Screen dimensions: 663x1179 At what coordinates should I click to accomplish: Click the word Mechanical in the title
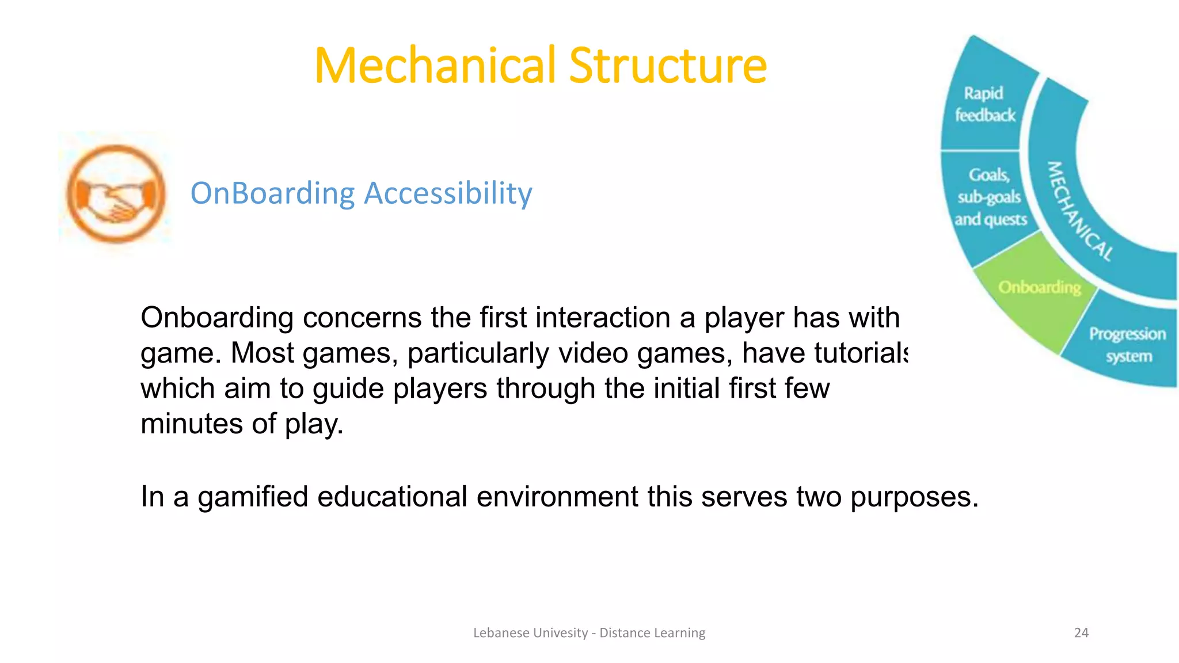(x=436, y=66)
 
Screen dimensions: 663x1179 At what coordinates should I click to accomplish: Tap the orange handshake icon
(x=116, y=193)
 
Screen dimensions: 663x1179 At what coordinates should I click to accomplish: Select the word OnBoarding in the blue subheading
(x=273, y=193)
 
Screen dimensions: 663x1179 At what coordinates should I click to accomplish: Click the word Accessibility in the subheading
(x=448, y=193)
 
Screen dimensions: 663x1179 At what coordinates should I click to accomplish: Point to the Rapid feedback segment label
(x=984, y=104)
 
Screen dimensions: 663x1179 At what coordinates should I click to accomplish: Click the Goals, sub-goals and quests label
(x=990, y=197)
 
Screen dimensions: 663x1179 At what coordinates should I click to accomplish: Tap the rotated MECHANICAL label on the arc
(x=1078, y=212)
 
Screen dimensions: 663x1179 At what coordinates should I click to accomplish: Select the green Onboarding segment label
(x=1039, y=287)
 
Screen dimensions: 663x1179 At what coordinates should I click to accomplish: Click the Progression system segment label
(x=1127, y=345)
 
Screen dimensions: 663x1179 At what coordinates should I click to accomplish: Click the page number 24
(x=1081, y=632)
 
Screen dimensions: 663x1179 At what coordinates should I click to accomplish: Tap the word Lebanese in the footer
(x=501, y=632)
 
